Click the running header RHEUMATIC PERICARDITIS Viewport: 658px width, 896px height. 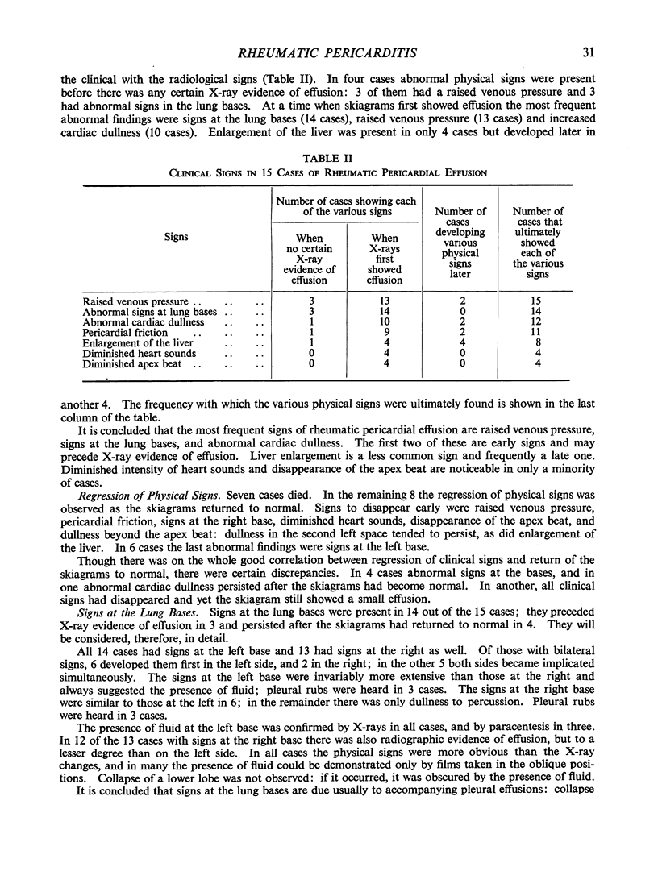pos(328,54)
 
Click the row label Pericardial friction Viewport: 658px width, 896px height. pos(125,332)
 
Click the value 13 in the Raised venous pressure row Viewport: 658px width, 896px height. pos(384,301)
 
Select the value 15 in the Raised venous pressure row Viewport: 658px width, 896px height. pos(539,301)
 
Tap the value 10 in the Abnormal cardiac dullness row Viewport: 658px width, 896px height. pos(384,321)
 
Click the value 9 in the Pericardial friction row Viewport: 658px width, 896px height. pos(384,332)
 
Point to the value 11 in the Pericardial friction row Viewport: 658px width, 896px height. pos(539,332)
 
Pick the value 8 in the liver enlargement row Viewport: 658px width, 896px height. pos(539,342)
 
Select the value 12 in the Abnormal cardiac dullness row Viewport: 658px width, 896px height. pos(539,321)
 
